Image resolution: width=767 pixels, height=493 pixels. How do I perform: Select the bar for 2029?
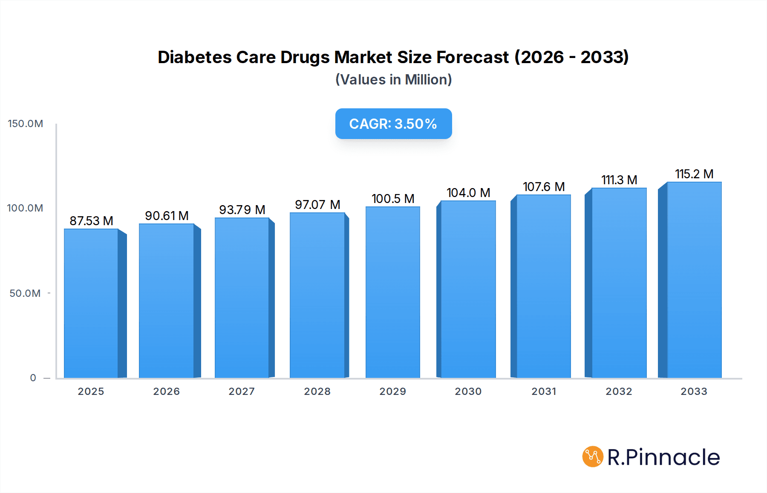coord(392,293)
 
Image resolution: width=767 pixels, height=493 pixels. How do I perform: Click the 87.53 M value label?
coord(91,221)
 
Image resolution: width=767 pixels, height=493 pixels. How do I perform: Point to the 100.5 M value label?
coord(393,199)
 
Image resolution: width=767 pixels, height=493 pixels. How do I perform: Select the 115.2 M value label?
coord(694,174)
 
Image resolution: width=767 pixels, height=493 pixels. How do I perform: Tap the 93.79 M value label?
coord(242,210)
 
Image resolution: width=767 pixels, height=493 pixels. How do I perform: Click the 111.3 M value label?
coord(619,180)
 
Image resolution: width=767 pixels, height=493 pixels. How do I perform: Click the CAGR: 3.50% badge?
coord(393,124)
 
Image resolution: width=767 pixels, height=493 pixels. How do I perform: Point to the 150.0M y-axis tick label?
coord(26,124)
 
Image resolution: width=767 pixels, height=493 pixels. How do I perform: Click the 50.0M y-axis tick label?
coord(25,293)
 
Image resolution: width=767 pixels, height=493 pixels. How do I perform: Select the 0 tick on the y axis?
coord(33,378)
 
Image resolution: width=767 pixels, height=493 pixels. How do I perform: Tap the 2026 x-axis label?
coord(167,391)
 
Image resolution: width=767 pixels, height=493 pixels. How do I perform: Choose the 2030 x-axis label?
coord(468,391)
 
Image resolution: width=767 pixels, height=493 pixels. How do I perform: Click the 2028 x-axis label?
coord(317,391)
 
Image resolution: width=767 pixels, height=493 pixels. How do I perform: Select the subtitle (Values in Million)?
coord(393,80)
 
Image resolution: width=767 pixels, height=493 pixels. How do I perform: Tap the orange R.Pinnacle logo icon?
coord(593,457)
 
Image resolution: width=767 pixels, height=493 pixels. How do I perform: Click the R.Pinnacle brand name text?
coord(663,457)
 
